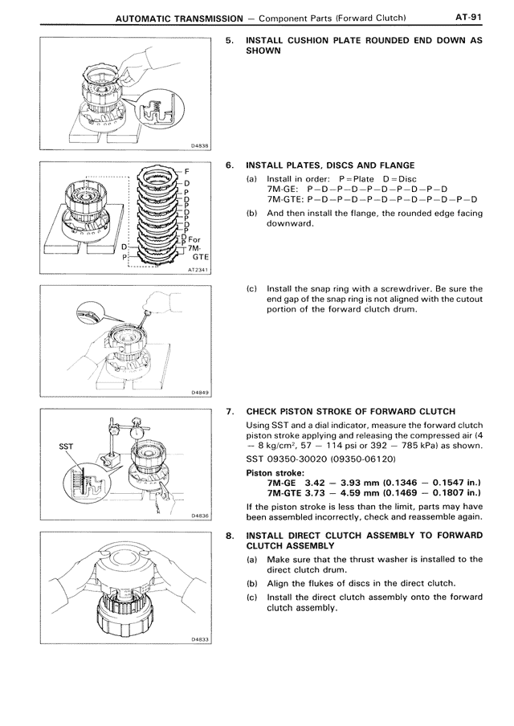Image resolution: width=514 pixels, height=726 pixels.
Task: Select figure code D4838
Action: (200, 146)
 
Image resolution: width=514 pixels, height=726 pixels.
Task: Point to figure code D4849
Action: (200, 393)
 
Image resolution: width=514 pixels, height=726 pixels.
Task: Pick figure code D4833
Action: (200, 639)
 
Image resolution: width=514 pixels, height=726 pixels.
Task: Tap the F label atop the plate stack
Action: (186, 171)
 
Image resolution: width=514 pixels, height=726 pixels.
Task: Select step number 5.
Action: (230, 39)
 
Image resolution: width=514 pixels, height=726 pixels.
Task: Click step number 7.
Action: (230, 412)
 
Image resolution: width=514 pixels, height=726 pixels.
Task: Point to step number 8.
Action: (230, 535)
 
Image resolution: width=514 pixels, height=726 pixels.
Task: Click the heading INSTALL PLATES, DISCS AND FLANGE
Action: (330, 165)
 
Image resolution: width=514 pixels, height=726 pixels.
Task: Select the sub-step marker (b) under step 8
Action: (252, 582)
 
